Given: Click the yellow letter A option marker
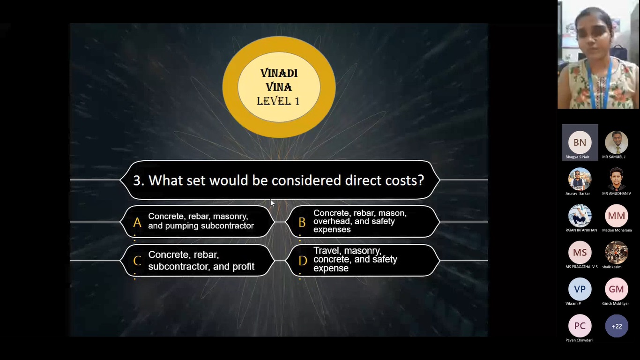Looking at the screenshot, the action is [137, 222].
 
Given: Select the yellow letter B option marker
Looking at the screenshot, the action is [302, 222].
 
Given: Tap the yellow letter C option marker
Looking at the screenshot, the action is [137, 261].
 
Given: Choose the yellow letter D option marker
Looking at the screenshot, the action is [303, 261].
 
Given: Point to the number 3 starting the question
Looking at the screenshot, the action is [137, 181].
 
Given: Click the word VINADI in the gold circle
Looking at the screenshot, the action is [279, 73].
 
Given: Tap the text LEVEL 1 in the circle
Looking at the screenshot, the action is [278, 101].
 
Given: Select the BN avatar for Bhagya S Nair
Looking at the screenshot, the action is [580, 142].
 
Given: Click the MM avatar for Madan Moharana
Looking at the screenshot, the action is [616, 216].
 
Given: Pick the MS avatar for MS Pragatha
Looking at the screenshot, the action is [580, 253].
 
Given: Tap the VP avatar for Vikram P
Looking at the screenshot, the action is [580, 289].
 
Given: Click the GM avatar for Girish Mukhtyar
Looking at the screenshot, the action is [616, 289].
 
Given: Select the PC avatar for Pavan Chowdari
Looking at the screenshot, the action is [580, 326].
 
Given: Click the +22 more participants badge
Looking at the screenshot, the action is [617, 326].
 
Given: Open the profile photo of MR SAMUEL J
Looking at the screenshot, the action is [616, 142].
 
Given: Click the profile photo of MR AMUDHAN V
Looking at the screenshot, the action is [616, 179].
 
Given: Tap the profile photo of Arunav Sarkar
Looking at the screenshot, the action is [580, 179].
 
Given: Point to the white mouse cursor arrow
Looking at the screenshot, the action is [272, 203].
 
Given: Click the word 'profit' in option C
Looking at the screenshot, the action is [243, 267].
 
